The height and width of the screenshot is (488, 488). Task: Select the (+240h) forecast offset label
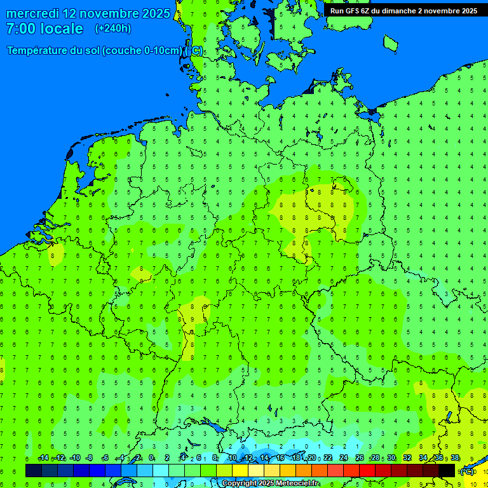pyautogui.click(x=112, y=29)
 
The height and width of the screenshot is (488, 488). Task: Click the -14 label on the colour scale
pyautogui.click(x=43, y=458)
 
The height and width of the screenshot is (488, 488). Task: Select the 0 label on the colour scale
pyautogui.click(x=151, y=458)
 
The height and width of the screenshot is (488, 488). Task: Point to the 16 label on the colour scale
pyautogui.click(x=280, y=458)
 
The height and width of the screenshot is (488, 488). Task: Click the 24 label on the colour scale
pyautogui.click(x=343, y=458)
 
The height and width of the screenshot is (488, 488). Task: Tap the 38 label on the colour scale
pyautogui.click(x=454, y=458)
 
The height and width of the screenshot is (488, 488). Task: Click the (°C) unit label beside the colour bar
pyautogui.click(x=467, y=471)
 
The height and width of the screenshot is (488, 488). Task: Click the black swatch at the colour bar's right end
pyautogui.click(x=447, y=471)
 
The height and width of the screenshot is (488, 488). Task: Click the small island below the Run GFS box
pyautogui.click(x=390, y=43)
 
